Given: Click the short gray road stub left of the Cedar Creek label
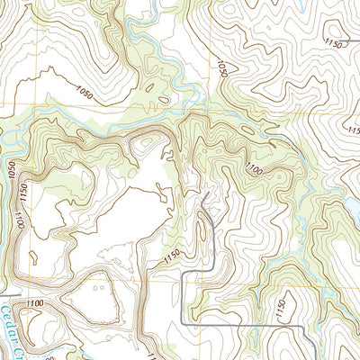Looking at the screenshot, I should point(7,293).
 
